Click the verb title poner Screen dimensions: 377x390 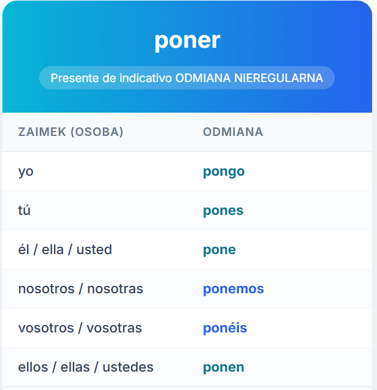click(187, 41)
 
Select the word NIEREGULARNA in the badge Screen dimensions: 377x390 click(279, 78)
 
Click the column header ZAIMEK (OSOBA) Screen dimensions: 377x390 click(70, 132)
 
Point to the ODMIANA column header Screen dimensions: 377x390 click(233, 132)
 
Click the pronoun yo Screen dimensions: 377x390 click(26, 171)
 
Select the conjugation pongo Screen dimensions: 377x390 click(224, 171)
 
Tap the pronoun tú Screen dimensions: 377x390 click(24, 210)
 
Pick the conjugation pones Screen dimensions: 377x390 click(223, 211)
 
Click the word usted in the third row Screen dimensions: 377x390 click(94, 249)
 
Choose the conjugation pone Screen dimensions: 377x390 click(219, 250)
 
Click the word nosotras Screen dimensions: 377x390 click(115, 289)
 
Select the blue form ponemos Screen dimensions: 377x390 click(234, 289)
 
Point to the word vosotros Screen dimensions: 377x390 click(46, 328)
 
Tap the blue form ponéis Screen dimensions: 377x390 click(225, 328)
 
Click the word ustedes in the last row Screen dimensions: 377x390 click(128, 367)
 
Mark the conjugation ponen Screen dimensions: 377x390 click(223, 367)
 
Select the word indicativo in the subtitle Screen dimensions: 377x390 click(146, 78)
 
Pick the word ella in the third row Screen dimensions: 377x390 click(53, 249)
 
